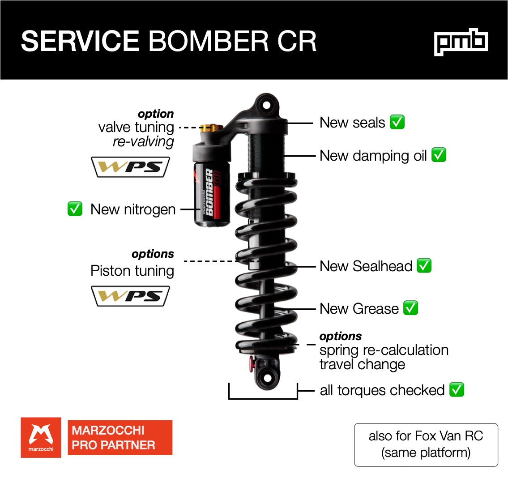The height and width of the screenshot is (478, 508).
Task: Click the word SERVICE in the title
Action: tap(80, 41)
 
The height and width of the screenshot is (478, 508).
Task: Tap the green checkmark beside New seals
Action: tap(397, 122)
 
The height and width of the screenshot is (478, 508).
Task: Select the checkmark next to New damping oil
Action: tap(439, 155)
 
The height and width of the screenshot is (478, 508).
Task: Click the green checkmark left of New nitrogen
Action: tap(75, 209)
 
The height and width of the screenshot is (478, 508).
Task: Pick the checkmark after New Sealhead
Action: tap(424, 266)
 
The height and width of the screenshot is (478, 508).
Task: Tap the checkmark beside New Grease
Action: tap(410, 308)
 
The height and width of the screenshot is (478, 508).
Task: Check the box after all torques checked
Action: tap(457, 390)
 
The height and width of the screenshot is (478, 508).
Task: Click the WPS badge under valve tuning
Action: tap(130, 167)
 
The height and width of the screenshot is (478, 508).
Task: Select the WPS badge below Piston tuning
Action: tap(130, 296)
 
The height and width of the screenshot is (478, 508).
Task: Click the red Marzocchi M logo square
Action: tap(41, 437)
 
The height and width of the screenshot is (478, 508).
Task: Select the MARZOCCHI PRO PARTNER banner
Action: tap(120, 437)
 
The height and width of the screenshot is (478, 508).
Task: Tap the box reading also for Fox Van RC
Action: tap(426, 444)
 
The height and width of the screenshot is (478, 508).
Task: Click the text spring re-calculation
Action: tap(384, 350)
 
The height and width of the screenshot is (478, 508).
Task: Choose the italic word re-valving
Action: tap(143, 142)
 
